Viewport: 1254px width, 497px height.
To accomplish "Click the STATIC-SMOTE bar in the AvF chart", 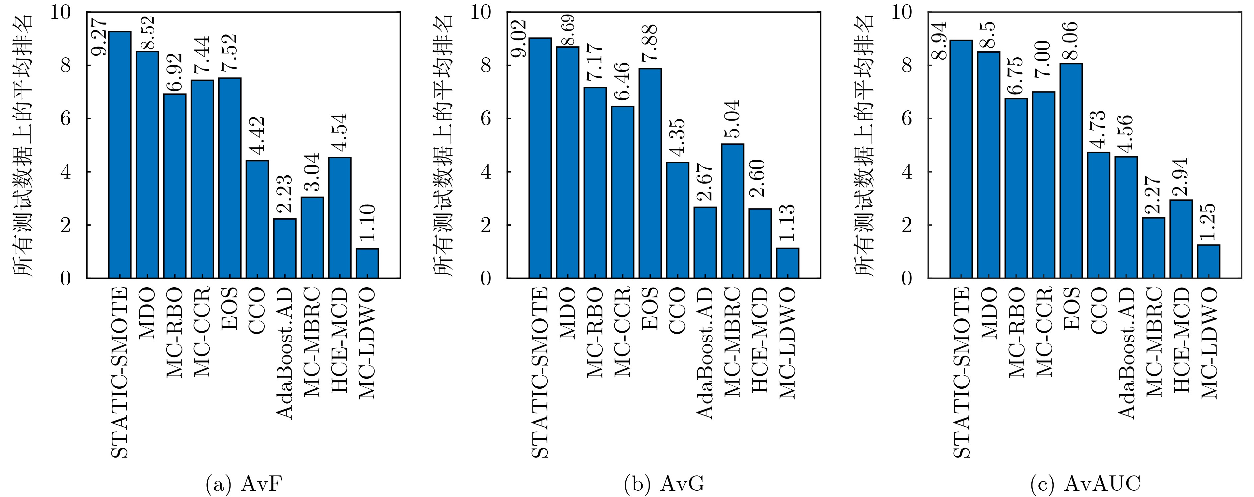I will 120,155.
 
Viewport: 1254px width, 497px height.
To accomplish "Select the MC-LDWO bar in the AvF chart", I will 367,263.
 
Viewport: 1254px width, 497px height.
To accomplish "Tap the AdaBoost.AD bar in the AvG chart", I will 705,242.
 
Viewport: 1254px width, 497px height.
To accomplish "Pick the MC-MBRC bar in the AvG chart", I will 732,211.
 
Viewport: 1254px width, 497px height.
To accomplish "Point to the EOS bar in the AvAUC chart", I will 1071,170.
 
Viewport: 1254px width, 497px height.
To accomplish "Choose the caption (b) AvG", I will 664,484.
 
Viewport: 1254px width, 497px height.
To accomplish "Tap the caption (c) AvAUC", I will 1085,484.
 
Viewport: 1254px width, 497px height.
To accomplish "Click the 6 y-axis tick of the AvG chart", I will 487,119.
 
